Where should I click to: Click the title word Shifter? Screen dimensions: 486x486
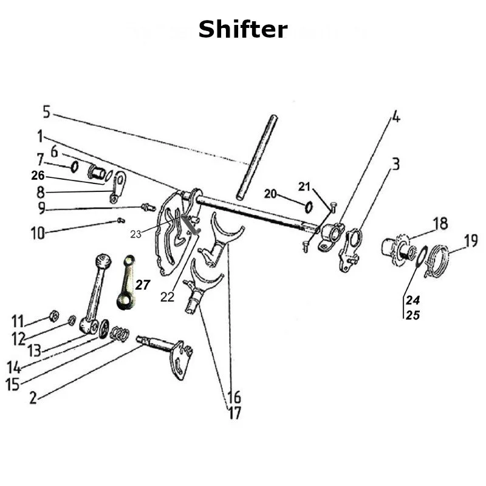(x=242, y=29)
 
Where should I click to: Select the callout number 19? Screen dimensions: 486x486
(x=470, y=242)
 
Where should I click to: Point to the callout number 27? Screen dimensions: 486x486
(x=142, y=285)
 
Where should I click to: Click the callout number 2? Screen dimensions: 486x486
(x=33, y=398)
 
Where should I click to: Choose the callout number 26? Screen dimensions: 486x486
(x=38, y=176)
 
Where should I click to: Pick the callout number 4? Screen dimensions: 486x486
(x=395, y=117)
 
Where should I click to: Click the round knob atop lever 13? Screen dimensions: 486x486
(x=103, y=262)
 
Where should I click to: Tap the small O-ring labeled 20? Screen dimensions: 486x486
(x=308, y=207)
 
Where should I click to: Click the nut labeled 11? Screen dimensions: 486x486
(x=53, y=315)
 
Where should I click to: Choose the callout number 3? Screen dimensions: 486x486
(x=395, y=165)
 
